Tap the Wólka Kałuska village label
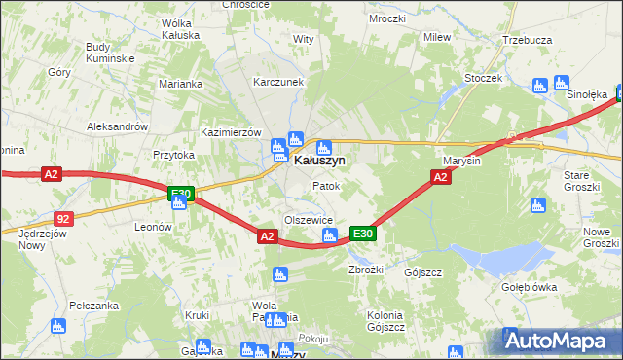tap(180, 28)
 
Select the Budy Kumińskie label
tap(110, 53)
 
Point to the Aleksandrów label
tap(117, 126)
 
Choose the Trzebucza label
tap(527, 40)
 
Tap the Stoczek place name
tap(483, 78)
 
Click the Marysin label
tap(462, 161)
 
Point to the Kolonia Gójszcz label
tap(385, 321)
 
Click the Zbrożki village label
tap(365, 270)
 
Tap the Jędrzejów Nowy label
tap(37, 239)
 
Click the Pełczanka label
tap(92, 306)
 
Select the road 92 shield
tap(63, 220)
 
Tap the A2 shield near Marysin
tap(440, 176)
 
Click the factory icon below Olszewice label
tap(329, 236)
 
